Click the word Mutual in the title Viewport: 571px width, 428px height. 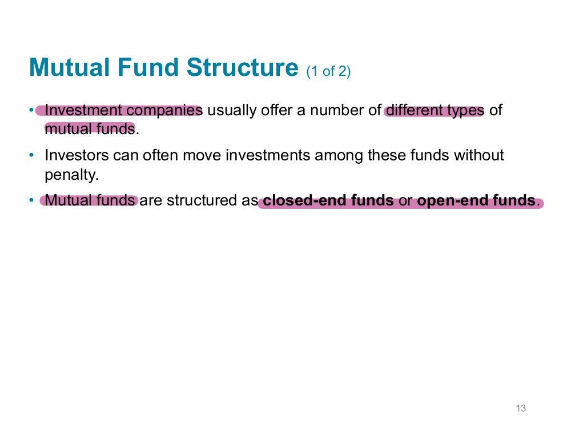pos(69,67)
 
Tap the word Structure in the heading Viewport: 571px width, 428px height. pos(243,67)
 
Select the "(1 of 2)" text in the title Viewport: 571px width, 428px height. pos(328,71)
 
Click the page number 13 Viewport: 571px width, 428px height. pos(521,408)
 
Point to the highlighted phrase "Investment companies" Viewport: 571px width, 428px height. pos(123,110)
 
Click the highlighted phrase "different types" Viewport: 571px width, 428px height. pos(435,110)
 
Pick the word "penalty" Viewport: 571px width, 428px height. pos(70,175)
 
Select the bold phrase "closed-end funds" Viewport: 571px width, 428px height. pos(328,200)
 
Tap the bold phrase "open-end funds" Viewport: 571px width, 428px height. pos(476,200)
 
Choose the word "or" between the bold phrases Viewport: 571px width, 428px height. pos(405,202)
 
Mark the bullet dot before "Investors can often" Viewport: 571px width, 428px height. pos(31,155)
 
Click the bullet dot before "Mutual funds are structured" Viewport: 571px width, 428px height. pos(31,200)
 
